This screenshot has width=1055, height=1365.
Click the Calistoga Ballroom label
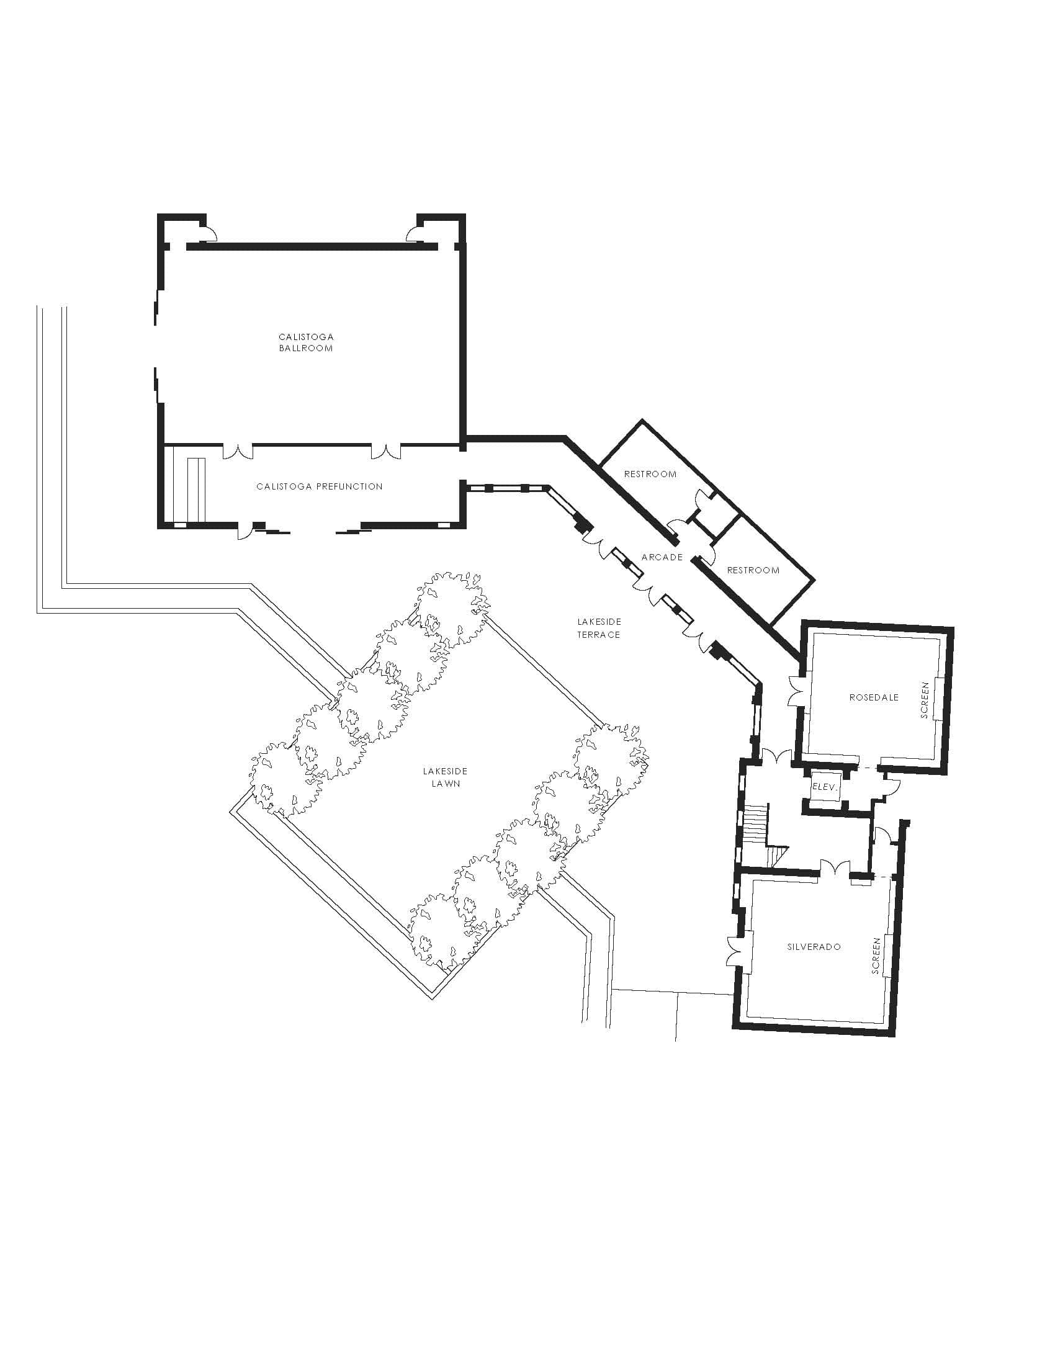tap(305, 342)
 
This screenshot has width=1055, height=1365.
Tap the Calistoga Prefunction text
tap(320, 486)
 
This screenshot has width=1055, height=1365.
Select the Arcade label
tap(662, 557)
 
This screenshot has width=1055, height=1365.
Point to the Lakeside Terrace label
tap(599, 628)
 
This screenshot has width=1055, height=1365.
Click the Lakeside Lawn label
tap(445, 777)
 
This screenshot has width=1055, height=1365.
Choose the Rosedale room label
tap(874, 697)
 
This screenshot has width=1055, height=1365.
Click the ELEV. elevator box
tap(824, 787)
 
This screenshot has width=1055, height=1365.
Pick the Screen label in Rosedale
tap(926, 699)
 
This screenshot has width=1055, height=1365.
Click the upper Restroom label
tap(650, 475)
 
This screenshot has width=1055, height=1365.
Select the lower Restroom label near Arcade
tap(753, 570)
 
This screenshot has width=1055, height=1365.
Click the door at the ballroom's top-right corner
tap(414, 234)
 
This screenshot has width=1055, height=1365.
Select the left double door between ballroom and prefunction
tap(238, 450)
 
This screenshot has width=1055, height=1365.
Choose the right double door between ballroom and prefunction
tap(385, 450)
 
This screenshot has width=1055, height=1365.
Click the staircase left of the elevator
tap(755, 825)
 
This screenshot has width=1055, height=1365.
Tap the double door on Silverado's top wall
tap(835, 867)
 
